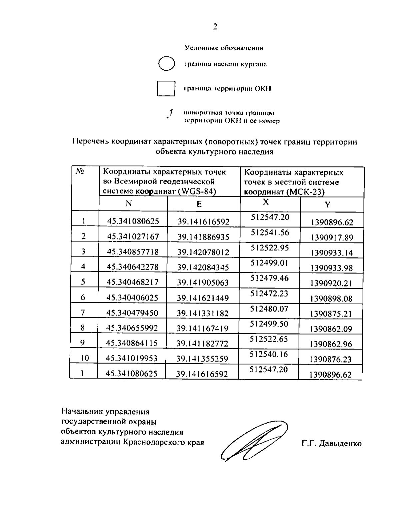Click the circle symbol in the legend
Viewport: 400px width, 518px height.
pyautogui.click(x=166, y=64)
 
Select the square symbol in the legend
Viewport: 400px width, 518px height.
pyautogui.click(x=166, y=88)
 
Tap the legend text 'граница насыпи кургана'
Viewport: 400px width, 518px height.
pyautogui.click(x=225, y=64)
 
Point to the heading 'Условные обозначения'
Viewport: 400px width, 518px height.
pyautogui.click(x=224, y=48)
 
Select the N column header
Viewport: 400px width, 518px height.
pyautogui.click(x=129, y=204)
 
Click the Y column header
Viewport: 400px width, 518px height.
pyautogui.click(x=328, y=204)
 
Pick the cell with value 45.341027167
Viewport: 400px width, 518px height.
pyautogui.click(x=133, y=236)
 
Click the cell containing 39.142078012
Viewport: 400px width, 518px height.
pyautogui.click(x=203, y=252)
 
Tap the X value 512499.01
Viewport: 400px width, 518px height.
pyautogui.click(x=269, y=263)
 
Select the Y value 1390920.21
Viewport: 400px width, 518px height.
pyautogui.click(x=331, y=283)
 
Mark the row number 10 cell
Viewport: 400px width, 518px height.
pyautogui.click(x=85, y=358)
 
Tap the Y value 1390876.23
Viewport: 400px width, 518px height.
pyautogui.click(x=331, y=359)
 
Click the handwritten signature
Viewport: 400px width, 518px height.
pyautogui.click(x=253, y=442)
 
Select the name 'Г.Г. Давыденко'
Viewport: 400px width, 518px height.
pyautogui.click(x=332, y=444)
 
